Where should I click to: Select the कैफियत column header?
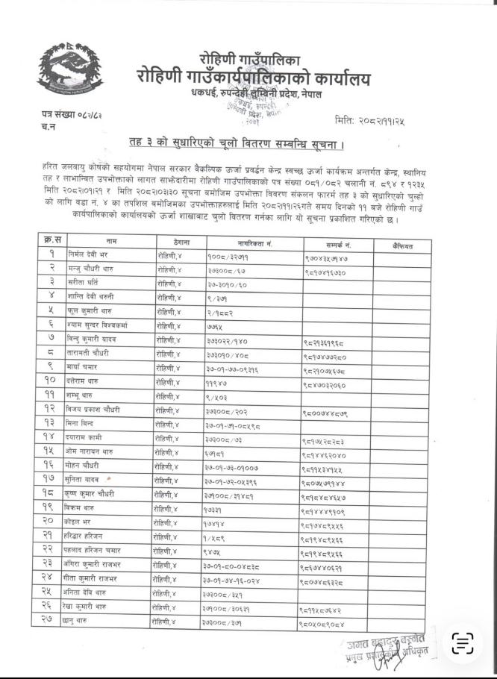[x=404, y=245]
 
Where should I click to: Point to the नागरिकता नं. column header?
[x=254, y=243]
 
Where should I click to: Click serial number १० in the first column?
[x=51, y=381]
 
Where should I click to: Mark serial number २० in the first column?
[x=51, y=522]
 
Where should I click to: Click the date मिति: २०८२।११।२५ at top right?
[x=376, y=119]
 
